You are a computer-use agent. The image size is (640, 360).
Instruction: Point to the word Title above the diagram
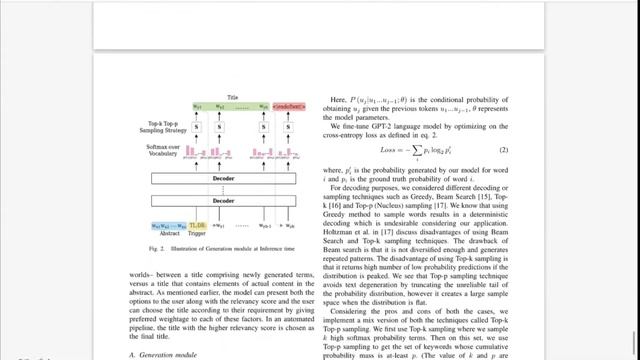coord(231,98)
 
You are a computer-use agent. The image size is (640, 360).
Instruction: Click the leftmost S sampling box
coord(198,127)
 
